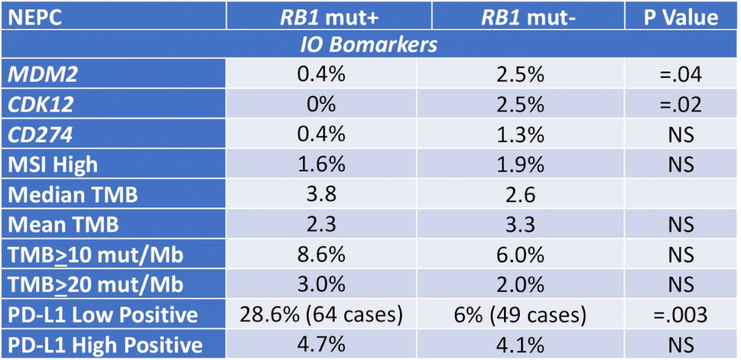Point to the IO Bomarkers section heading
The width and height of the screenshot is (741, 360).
click(369, 44)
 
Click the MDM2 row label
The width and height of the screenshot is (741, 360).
click(43, 73)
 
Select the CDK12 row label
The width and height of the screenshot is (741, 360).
click(40, 104)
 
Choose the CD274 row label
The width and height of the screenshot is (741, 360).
click(40, 135)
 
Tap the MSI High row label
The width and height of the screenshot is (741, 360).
click(52, 164)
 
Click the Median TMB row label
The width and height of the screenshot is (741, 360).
click(72, 195)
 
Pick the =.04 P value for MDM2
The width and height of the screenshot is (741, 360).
click(680, 73)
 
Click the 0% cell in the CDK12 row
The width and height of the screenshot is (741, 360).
click(321, 104)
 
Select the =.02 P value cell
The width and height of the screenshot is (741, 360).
click(680, 104)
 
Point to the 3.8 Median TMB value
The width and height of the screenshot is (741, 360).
click(321, 195)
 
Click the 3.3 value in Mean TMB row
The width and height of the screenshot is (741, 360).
click(521, 224)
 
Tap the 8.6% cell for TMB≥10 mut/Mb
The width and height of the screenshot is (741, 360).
click(321, 254)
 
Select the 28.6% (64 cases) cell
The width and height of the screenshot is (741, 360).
click(321, 314)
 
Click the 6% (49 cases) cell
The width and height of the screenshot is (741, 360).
click(520, 314)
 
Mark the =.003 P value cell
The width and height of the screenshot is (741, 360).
click(680, 314)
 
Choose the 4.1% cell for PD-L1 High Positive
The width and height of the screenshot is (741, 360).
click(520, 345)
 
